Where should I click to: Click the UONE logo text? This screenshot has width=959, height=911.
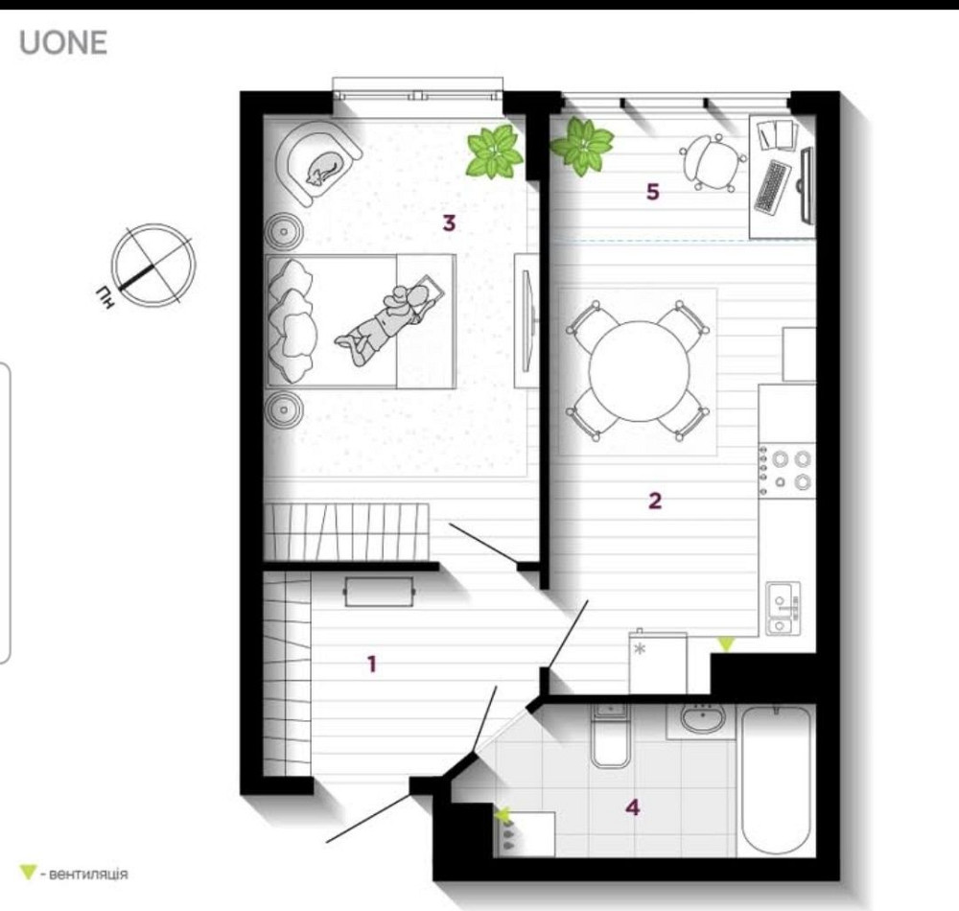(63, 43)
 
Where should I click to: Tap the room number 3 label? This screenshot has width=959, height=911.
(450, 223)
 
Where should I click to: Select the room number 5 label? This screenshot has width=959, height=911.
(653, 192)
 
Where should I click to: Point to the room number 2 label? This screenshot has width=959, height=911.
(655, 502)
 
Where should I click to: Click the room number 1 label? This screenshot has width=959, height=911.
(372, 664)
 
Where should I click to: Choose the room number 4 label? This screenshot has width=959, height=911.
(633, 807)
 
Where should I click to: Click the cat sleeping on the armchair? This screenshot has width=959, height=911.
(322, 168)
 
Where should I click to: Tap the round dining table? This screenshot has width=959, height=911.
(639, 371)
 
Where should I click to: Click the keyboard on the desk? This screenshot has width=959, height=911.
(771, 186)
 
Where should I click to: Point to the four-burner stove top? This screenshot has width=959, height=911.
(787, 470)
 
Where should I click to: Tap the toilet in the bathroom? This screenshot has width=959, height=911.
(610, 736)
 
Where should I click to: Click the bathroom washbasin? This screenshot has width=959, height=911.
(703, 718)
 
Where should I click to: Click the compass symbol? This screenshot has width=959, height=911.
(152, 266)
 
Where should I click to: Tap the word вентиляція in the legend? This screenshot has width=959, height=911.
(88, 874)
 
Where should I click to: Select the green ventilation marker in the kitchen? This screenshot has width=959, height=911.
(726, 643)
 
